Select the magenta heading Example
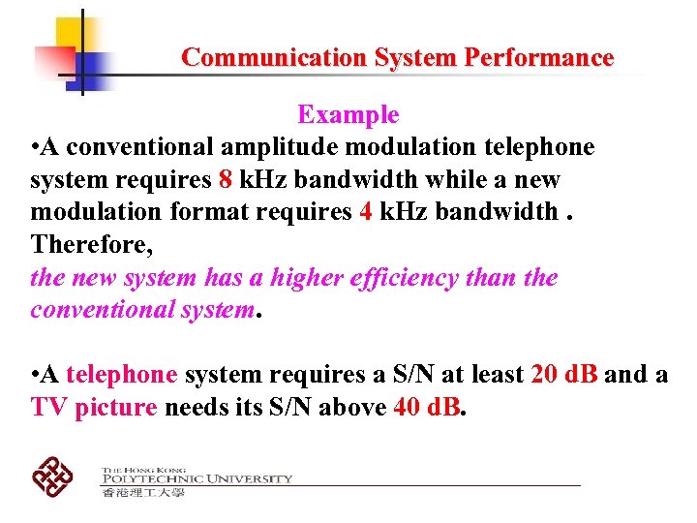point(348,115)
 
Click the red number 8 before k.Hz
point(225,180)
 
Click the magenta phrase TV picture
point(94,408)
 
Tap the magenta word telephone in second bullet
point(122,375)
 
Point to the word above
point(352,408)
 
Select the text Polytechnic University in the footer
point(197,478)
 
